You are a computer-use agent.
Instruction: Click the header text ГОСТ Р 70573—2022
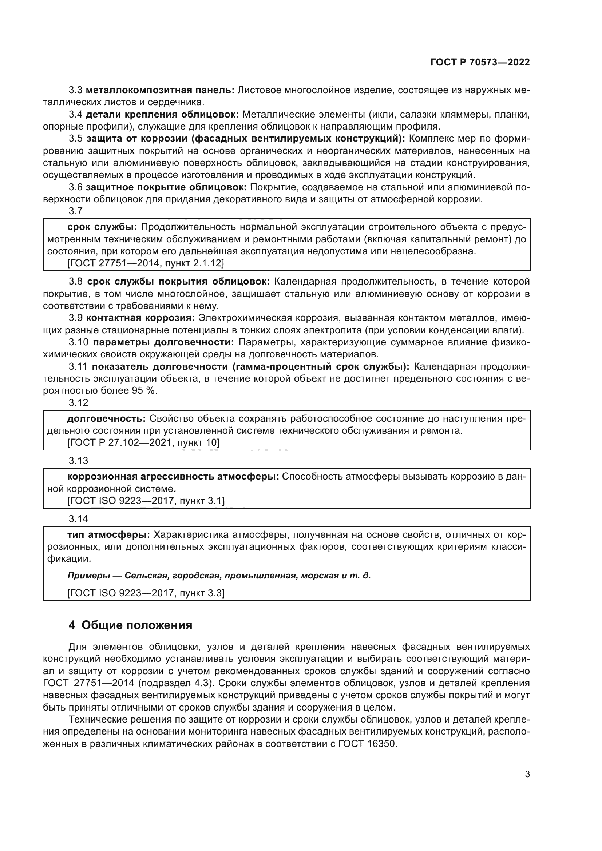480,62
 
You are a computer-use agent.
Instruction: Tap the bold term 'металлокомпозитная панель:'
160,90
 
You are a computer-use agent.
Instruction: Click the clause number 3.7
75,211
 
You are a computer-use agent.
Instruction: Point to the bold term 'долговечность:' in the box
106,419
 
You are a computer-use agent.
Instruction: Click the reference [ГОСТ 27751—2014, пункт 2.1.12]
146,263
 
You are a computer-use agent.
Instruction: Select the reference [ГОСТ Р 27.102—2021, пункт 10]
143,442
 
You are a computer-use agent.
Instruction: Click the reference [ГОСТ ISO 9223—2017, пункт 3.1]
146,501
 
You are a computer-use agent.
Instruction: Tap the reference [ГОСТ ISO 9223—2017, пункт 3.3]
146,593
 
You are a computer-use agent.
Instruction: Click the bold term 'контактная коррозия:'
140,318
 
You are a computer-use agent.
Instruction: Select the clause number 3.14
78,519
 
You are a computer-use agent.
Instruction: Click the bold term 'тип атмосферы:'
108,535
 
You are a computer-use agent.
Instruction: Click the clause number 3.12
78,403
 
